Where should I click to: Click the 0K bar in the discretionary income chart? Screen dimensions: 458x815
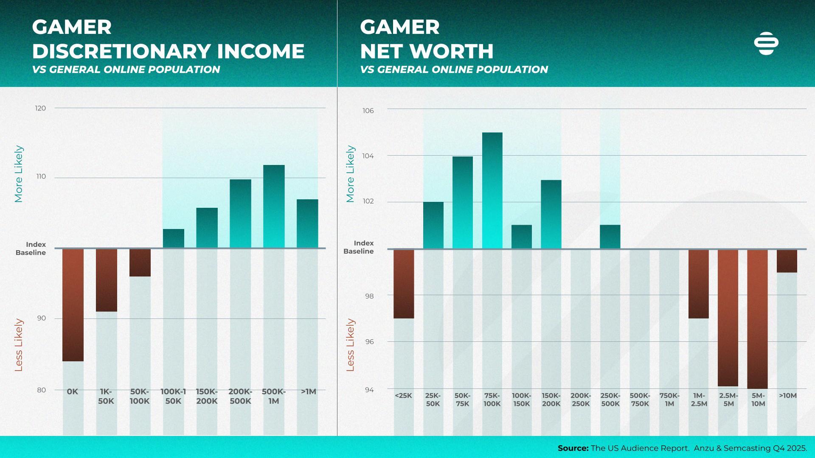tap(73, 304)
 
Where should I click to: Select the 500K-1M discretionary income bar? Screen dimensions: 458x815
tap(274, 207)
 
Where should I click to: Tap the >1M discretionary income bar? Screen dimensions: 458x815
tap(307, 223)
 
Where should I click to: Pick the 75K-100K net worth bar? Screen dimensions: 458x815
tap(492, 190)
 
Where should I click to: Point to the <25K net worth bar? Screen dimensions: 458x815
tap(404, 283)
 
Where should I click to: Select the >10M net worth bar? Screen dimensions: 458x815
tap(787, 261)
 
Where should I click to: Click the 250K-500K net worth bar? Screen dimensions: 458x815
tap(610, 237)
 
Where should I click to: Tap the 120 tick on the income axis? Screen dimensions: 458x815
tap(40, 108)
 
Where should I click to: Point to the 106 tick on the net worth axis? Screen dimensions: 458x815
tap(368, 111)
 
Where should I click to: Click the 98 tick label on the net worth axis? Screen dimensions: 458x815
tap(369, 296)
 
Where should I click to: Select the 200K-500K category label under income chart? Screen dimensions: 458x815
tap(240, 396)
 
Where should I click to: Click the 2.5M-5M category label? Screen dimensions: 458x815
tap(728, 399)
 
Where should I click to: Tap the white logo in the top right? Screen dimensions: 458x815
tap(766, 43)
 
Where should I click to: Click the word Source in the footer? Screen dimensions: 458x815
tap(573, 448)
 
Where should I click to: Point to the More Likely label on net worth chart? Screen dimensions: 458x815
tap(350, 174)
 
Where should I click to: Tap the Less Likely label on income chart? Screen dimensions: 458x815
tap(19, 345)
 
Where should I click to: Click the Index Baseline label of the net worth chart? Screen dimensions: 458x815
tap(359, 247)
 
